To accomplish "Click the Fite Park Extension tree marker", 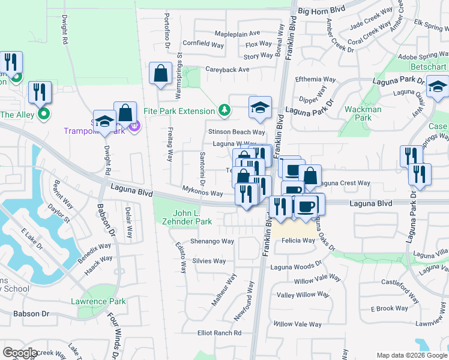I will (224, 110).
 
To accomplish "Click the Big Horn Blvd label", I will (322, 11).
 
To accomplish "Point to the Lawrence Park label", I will (98, 301).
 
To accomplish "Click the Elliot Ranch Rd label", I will (220, 333).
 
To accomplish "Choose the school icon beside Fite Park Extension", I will (259, 107).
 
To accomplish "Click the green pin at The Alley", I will (43, 112).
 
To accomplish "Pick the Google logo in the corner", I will (20, 353).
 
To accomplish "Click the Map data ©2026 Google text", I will (412, 355).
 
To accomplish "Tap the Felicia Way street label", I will (299, 241).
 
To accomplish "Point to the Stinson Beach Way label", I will (236, 132).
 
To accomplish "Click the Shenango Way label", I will (212, 241).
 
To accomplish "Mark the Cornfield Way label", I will (203, 44).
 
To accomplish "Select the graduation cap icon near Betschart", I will (438, 88).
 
